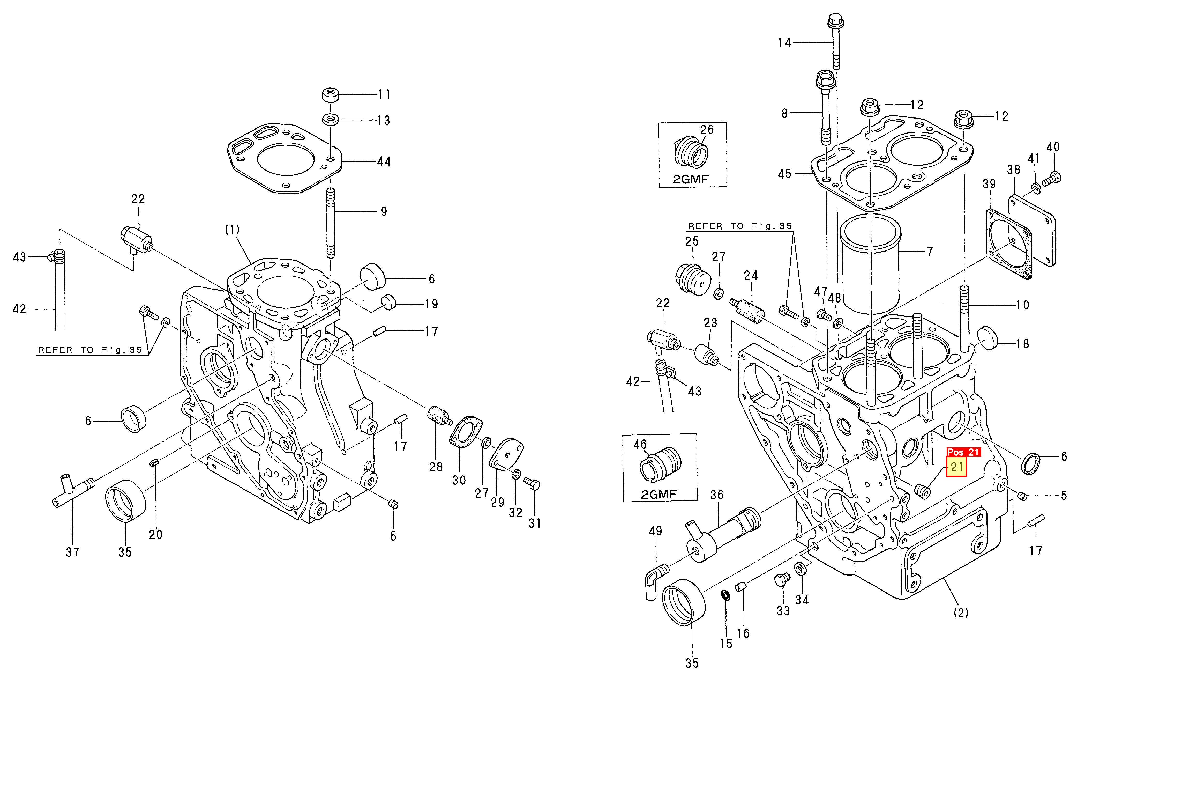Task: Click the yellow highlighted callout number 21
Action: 956,467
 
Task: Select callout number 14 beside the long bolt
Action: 784,43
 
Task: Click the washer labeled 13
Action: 330,120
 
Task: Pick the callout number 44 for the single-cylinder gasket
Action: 384,161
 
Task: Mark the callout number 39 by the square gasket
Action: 989,184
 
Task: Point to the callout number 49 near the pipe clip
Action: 655,531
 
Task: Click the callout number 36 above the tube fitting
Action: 717,495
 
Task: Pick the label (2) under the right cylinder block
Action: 961,613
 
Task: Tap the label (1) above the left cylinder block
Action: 232,230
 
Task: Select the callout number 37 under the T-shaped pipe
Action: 72,552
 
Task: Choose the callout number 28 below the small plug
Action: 436,467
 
